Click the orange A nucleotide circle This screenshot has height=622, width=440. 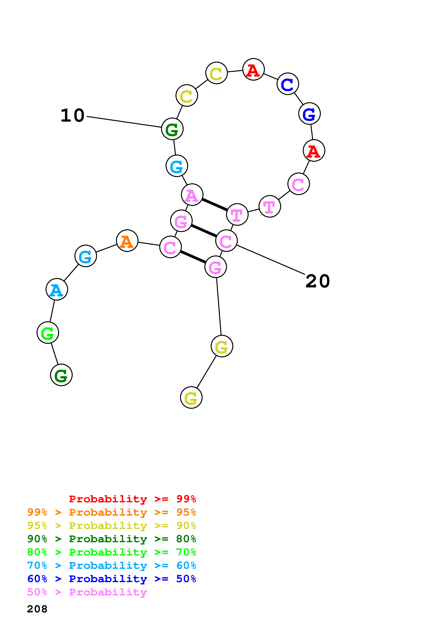coord(127,241)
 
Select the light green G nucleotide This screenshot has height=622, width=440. coord(48,332)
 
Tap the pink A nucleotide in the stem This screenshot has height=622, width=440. coord(192,195)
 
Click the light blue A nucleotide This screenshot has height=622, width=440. coord(57,289)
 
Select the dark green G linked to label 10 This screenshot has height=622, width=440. coord(172,129)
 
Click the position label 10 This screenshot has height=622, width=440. coord(72,115)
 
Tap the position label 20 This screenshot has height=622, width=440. coord(318,281)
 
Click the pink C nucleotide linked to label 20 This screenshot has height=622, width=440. coord(226,241)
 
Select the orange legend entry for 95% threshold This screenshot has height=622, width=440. coord(111,512)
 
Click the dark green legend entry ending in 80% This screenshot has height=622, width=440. coord(111,539)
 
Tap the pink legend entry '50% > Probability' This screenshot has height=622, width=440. coord(87,592)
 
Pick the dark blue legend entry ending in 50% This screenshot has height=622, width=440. coord(111,579)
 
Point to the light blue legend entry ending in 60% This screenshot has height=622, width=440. coord(111,565)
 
